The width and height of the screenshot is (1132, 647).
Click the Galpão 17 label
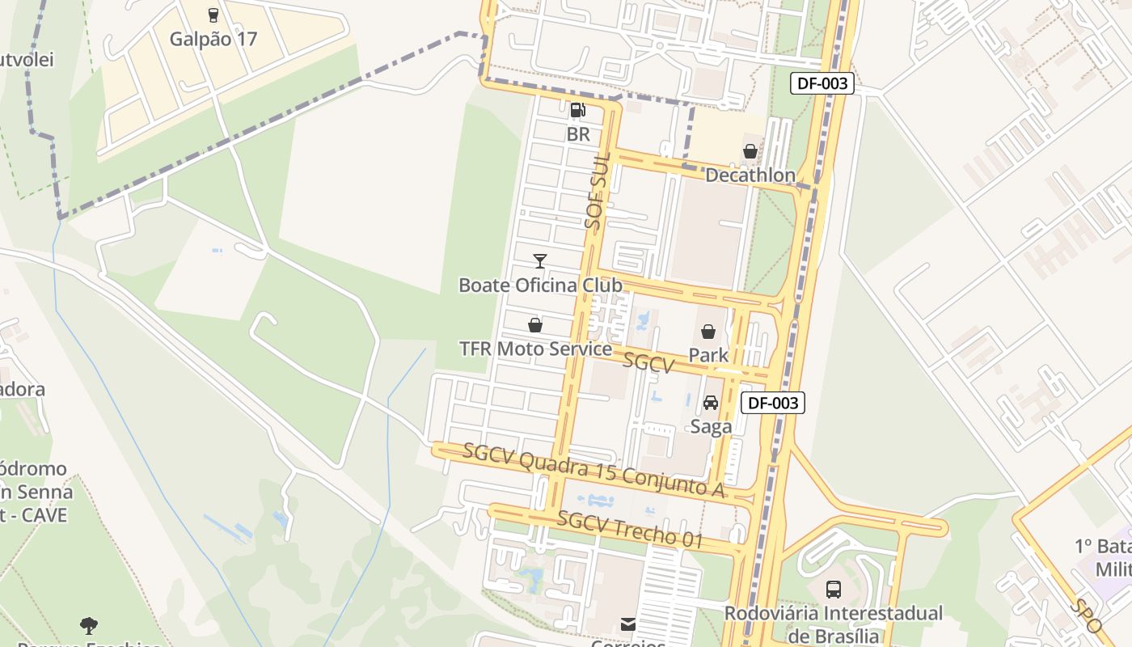[x=213, y=39]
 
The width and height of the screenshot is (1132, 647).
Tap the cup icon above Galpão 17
[x=213, y=15]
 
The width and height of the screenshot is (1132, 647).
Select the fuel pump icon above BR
[x=577, y=110]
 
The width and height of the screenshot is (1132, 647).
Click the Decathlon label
[x=750, y=175]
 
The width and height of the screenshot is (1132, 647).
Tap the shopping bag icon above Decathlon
[x=750, y=151]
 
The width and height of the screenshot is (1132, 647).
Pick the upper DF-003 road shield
[x=822, y=82]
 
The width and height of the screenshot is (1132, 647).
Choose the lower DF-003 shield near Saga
[x=773, y=403]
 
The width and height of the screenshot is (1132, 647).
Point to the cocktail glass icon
[x=540, y=260]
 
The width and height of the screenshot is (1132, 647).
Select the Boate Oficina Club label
[x=540, y=285]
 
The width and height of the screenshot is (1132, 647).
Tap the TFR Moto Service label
[x=535, y=349]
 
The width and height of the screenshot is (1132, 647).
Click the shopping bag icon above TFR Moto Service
[x=534, y=325]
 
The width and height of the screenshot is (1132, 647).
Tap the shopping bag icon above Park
[x=708, y=332]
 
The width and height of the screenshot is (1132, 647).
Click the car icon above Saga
[x=711, y=403]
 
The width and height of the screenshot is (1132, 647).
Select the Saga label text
[x=711, y=427]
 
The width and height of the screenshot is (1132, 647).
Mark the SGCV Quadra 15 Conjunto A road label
[x=593, y=470]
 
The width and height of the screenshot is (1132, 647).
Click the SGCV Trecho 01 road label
[x=629, y=530]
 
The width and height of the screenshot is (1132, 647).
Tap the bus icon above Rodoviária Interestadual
[x=834, y=589]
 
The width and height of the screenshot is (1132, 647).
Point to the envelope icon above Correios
[x=628, y=624]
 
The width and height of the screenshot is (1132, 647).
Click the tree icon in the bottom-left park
[x=89, y=625]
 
